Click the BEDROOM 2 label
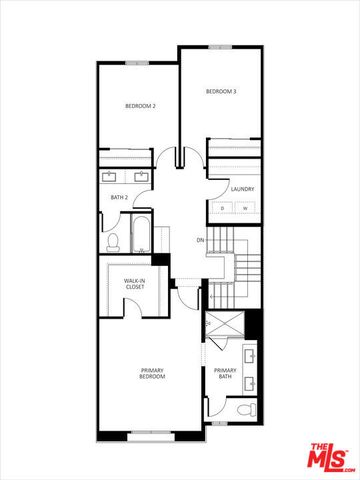click(139, 106)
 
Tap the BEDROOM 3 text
click(221, 92)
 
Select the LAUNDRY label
click(241, 188)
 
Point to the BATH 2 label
click(119, 198)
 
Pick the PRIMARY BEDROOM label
click(152, 375)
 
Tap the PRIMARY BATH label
click(225, 374)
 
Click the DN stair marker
click(200, 241)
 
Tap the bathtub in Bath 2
click(142, 233)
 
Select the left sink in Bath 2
click(111, 177)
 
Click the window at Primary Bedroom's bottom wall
click(152, 433)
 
